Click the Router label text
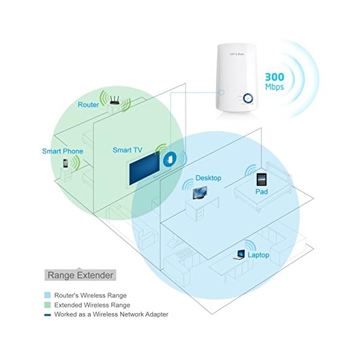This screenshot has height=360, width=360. pyautogui.click(x=89, y=105)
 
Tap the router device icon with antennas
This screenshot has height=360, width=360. pyautogui.click(x=113, y=106)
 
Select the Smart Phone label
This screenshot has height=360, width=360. pyautogui.click(x=62, y=151)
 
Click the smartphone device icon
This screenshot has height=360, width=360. pyautogui.click(x=65, y=163)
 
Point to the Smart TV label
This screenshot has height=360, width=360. pyautogui.click(x=127, y=149)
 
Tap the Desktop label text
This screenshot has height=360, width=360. pyautogui.click(x=208, y=178)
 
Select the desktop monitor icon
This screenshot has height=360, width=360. pyautogui.click(x=198, y=193)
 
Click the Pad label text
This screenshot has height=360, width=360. pyautogui.click(x=261, y=192)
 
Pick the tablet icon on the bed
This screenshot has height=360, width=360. pyautogui.click(x=261, y=179)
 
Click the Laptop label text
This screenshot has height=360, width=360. pyautogui.click(x=259, y=255)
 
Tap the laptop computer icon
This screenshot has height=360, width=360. pyautogui.click(x=239, y=254)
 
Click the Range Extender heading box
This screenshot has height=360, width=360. pyautogui.click(x=80, y=275)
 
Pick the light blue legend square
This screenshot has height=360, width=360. pyautogui.click(x=47, y=295)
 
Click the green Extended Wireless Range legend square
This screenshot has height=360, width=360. pyautogui.click(x=47, y=305)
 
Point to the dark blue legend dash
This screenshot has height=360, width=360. pyautogui.click(x=47, y=314)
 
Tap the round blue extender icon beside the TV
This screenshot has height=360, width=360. pyautogui.click(x=172, y=158)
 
